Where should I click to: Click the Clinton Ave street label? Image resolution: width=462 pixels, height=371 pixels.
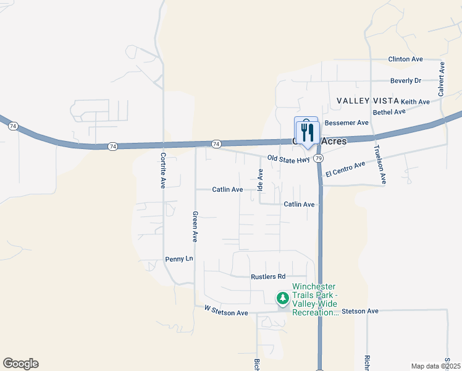tap(405, 59)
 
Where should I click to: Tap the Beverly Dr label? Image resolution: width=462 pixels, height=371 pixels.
tap(405, 80)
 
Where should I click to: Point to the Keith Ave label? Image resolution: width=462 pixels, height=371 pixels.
tap(415, 101)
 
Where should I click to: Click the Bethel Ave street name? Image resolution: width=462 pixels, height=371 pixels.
tap(389, 112)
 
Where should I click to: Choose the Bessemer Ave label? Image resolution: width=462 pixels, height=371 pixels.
tap(346, 123)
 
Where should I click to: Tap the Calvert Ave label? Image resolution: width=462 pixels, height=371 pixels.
tap(442, 79)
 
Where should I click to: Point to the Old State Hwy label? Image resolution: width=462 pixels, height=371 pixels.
tap(288, 159)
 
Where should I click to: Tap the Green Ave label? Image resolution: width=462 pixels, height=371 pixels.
tap(195, 226)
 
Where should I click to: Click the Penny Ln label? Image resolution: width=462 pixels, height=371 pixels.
tap(179, 259)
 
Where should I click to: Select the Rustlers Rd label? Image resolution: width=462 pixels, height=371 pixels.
tap(268, 276)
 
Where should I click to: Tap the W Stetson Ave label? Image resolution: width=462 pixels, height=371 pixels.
tap(225, 313)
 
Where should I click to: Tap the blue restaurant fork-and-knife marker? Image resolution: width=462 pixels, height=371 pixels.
tap(306, 131)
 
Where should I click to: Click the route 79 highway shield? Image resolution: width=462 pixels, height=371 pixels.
tap(318, 158)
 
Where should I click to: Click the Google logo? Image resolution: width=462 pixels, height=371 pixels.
tap(20, 364)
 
